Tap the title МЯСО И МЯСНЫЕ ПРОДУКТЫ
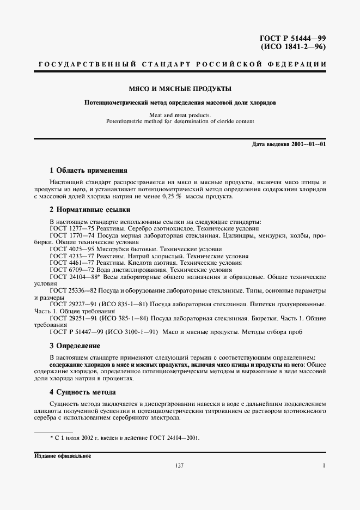coord(180,88)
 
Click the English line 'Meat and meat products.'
coord(180,115)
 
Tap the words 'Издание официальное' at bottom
coord(63,456)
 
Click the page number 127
coord(180,466)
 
